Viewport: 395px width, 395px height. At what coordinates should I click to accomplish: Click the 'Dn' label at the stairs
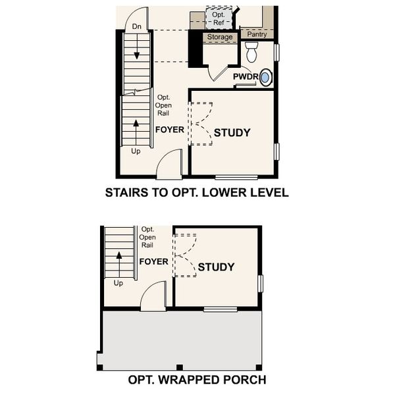pos(137,26)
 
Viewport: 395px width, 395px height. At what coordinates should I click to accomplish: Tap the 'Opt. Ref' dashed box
pos(219,18)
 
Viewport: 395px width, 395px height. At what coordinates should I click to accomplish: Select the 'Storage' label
pos(220,38)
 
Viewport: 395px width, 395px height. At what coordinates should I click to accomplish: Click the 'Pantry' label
pos(257,35)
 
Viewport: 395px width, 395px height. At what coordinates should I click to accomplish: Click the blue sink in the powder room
pos(265,78)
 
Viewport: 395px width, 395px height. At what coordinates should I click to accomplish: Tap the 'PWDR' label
pos(245,77)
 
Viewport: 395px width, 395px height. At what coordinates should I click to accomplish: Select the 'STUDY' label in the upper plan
pos(232,133)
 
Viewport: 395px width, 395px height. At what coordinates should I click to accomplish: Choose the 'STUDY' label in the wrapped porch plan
pos(216,267)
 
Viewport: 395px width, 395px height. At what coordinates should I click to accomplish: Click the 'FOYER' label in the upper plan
pos(170,130)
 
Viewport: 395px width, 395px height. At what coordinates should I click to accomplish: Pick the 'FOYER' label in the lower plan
pos(153,261)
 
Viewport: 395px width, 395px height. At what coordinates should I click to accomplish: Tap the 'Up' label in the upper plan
pos(136,151)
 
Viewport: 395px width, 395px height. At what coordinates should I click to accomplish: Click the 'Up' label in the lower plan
pos(118,284)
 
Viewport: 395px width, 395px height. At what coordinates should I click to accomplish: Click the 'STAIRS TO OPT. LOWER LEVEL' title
pos(197,194)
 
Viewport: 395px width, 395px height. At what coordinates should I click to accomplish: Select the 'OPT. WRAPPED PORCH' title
pos(197,380)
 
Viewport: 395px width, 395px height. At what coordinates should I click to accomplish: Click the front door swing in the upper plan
pos(172,163)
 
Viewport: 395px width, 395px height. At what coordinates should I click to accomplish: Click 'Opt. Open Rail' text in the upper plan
pos(163,105)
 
